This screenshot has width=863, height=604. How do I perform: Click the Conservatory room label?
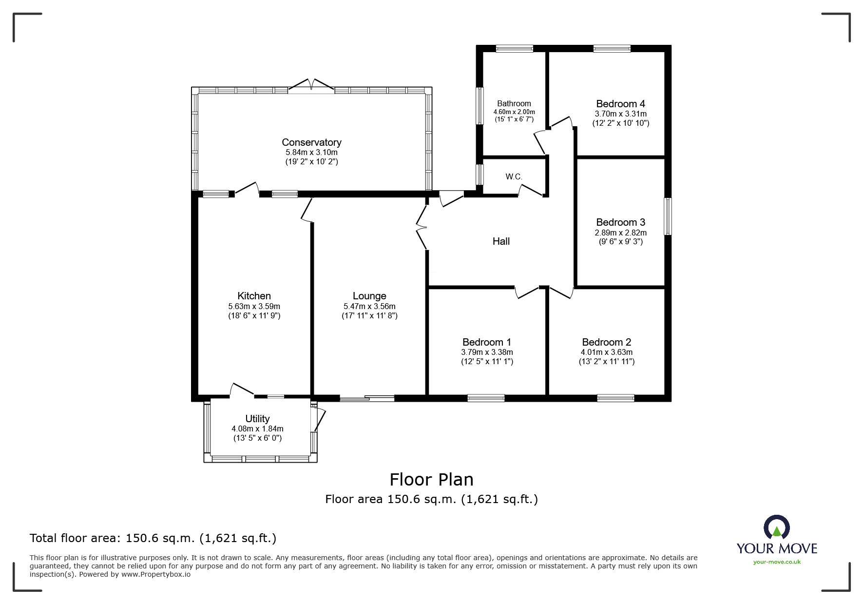pos(311,142)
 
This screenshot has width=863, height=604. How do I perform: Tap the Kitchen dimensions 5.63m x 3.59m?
pos(254,307)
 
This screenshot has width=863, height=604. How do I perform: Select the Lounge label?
pos(369,296)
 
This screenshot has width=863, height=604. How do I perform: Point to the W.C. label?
pos(514,176)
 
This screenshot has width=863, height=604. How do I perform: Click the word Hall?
pos(501,241)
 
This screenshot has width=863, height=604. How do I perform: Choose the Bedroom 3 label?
pos(620,222)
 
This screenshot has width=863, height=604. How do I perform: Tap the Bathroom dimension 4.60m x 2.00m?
pos(514,112)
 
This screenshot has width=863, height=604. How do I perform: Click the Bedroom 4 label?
pos(620,104)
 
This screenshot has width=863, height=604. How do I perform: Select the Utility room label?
pos(257,419)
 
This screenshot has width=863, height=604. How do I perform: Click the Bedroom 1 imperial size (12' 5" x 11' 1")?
pos(487,362)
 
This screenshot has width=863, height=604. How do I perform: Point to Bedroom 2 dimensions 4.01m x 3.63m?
pos(607,352)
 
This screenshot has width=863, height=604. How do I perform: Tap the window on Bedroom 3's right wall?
pos(668,216)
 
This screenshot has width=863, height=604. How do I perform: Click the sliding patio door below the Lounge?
pos(367,399)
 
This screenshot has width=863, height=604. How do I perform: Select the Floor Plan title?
pos(431,480)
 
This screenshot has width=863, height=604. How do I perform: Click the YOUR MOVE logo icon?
pos(776,528)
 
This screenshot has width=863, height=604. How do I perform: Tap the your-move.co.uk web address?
pos(777,562)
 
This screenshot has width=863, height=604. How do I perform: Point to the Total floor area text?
pos(153,538)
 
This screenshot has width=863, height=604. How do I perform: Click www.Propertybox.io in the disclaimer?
pos(156,574)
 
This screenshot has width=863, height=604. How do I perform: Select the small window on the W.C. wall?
pos(480,175)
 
